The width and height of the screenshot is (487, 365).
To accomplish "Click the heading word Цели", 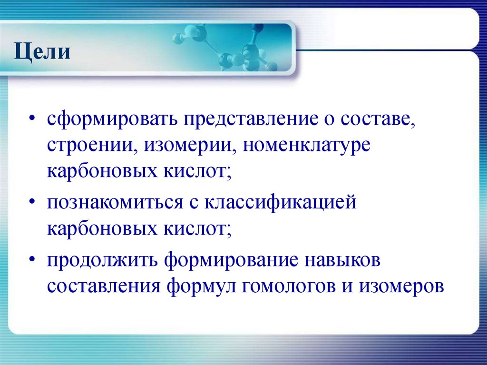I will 43,51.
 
